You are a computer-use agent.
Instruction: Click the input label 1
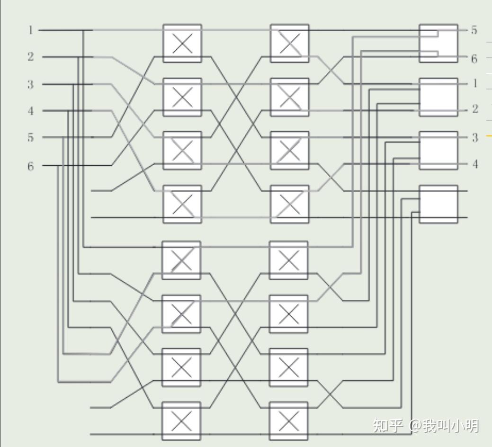point(31,30)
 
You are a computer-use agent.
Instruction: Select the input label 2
point(31,57)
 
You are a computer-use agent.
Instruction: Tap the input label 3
point(31,84)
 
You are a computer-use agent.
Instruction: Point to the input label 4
point(31,111)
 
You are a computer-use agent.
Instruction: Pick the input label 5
point(31,138)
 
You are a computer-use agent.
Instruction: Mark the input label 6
point(31,166)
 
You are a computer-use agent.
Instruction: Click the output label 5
point(474,30)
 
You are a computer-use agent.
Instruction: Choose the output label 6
point(474,59)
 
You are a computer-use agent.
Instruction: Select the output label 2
point(475,109)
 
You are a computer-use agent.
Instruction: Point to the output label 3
point(475,138)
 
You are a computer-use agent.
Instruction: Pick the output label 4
point(475,164)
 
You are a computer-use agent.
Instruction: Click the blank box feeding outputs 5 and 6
point(438,43)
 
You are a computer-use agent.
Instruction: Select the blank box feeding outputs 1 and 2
point(438,97)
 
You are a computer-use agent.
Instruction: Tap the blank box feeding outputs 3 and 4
point(438,151)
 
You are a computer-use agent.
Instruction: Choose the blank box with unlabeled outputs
point(438,204)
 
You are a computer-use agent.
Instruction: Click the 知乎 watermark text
point(388,425)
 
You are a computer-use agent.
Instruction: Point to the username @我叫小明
point(444,425)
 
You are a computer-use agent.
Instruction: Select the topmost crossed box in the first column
point(182,44)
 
